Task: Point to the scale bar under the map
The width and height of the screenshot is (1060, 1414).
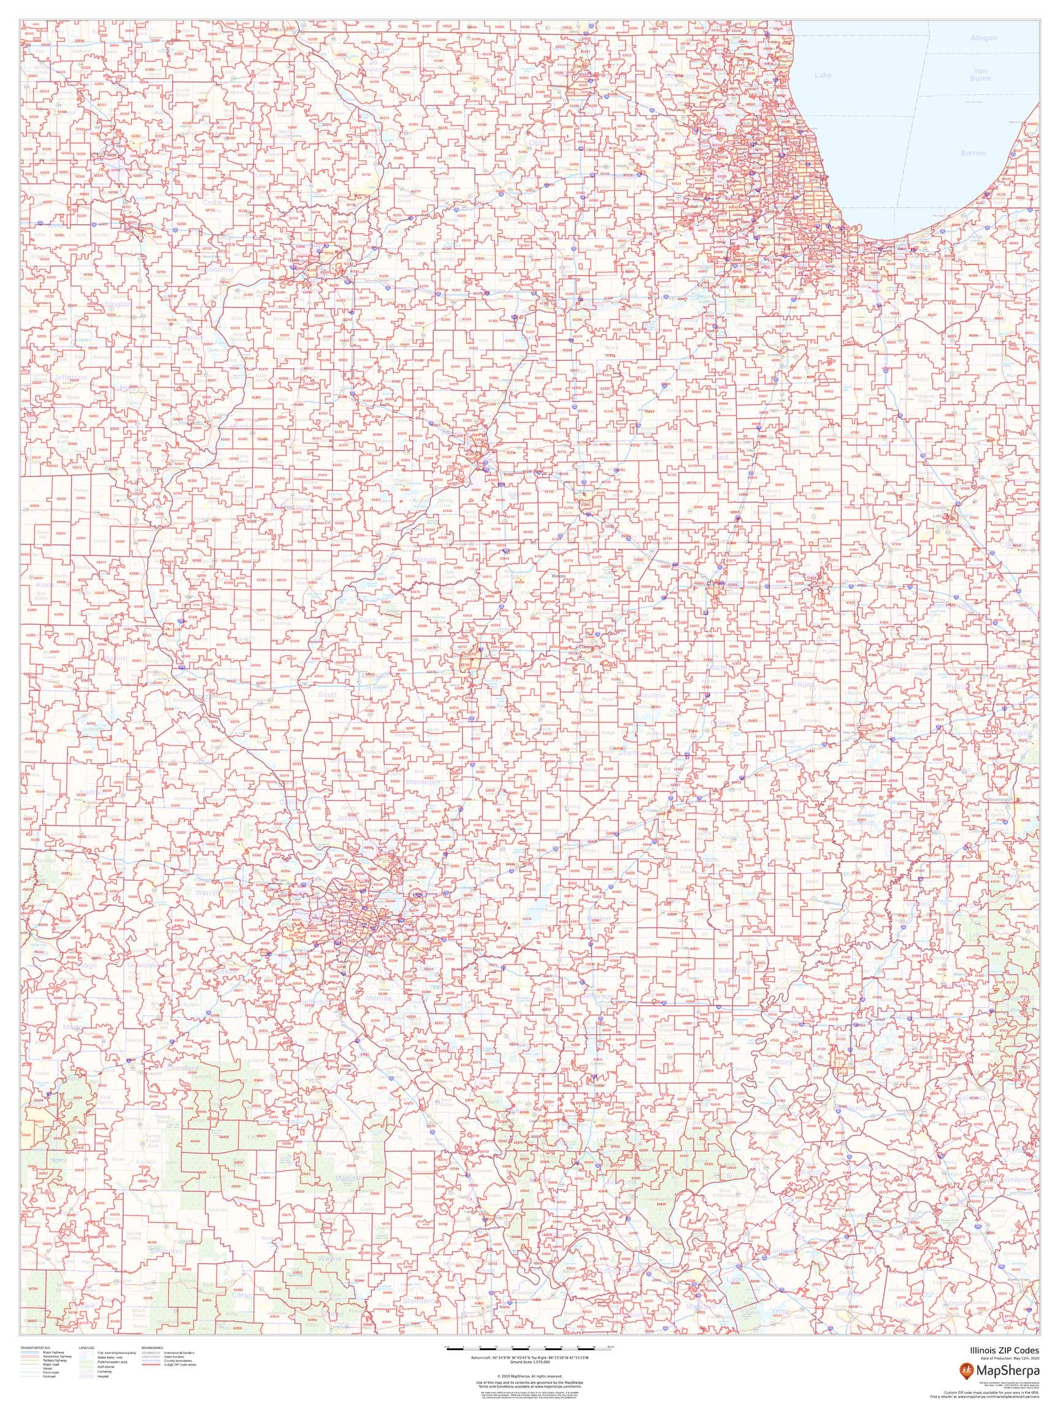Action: point(529,1347)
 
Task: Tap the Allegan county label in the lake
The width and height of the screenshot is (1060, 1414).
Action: point(983,38)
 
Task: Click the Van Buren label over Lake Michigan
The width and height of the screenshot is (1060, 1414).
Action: point(980,74)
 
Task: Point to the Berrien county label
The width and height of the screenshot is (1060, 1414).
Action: point(972,153)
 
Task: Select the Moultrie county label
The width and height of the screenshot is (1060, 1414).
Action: point(651,695)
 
